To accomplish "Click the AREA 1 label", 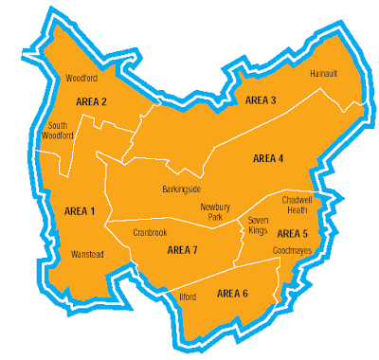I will click(80, 210).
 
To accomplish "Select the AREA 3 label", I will click(261, 99).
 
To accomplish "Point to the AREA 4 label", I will click(269, 158).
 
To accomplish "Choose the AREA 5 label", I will click(293, 232).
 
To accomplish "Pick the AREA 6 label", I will click(232, 294).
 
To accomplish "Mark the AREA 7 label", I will click(182, 250).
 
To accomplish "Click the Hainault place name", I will click(324, 72).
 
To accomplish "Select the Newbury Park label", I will click(216, 211).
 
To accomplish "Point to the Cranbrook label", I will click(150, 230).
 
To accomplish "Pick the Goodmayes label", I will click(291, 251).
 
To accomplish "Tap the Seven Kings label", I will click(259, 225).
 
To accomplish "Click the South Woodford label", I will click(63, 130).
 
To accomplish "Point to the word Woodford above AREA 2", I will click(82, 79).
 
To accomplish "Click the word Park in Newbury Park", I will click(216, 217).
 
